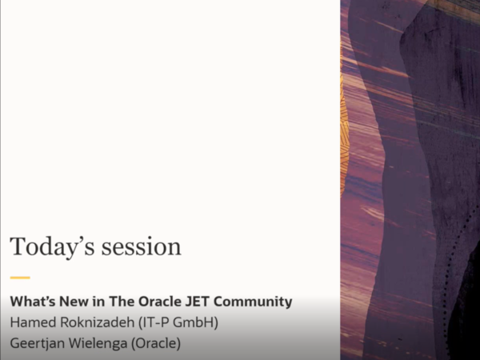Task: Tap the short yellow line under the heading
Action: point(20,278)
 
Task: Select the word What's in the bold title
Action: point(31,302)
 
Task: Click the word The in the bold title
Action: point(122,302)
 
